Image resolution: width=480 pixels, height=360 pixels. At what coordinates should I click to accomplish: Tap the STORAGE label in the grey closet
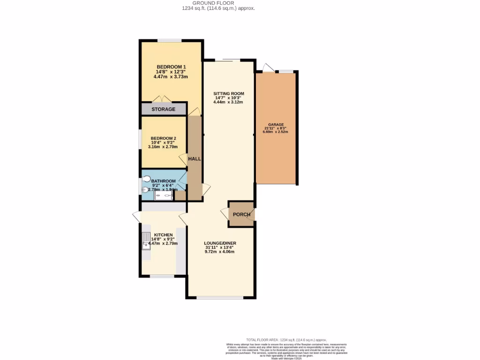pos(163,109)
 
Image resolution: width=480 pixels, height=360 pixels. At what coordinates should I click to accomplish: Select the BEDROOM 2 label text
pos(163,138)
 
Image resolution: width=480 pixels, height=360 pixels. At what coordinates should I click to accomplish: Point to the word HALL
pos(195,159)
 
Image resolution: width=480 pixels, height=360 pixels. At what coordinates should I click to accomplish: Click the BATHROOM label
pos(164,181)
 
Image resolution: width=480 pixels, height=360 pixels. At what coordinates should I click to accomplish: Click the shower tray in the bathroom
pos(164,196)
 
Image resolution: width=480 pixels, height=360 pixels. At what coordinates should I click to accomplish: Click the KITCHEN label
pos(164,235)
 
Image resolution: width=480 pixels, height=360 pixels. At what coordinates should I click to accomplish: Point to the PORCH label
pos(242,215)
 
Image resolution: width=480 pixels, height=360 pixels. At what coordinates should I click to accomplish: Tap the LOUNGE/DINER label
pos(220,243)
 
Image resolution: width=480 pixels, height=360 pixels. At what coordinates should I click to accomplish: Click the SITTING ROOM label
pos(229,93)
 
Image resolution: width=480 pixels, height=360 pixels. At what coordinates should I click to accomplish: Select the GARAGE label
pos(276,125)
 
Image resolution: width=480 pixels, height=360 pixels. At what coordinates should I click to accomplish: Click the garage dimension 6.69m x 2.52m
pos(276,132)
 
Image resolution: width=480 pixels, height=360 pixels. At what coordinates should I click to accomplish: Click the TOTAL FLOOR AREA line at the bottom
pos(286,340)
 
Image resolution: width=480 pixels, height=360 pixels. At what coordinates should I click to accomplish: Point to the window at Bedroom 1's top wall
pos(169,41)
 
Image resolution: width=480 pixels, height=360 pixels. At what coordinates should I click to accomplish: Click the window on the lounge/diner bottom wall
pos(220,298)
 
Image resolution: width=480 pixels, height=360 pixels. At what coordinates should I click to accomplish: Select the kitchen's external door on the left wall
pos(137,217)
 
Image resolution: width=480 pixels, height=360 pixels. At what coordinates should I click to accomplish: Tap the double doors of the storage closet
pos(162,100)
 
